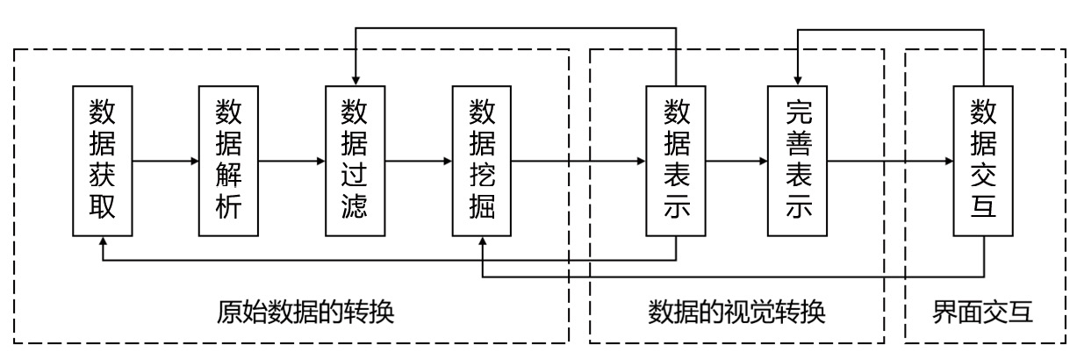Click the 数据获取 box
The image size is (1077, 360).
pos(103,161)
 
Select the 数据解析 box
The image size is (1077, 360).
pos(229,161)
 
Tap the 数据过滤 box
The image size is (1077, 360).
pos(355,161)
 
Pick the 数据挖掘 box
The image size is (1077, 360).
pos(481,161)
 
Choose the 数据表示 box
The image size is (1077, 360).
pos(675,161)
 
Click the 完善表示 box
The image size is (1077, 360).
pos(797,161)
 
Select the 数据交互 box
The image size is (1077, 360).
pos(983,161)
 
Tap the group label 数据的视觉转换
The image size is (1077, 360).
pos(737,313)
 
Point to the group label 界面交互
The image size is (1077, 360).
pos(984,313)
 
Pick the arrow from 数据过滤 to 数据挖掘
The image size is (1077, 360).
pos(418,162)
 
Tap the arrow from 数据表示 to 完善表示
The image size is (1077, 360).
pos(736,162)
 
